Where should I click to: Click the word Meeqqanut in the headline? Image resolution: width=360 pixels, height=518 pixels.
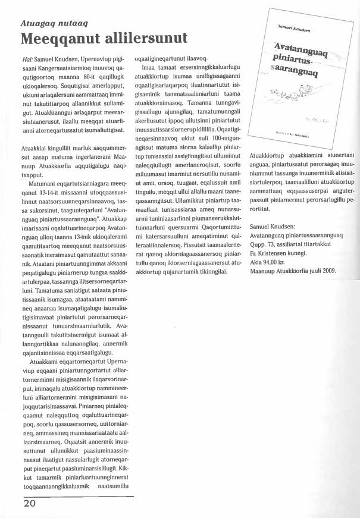(61, 39)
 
